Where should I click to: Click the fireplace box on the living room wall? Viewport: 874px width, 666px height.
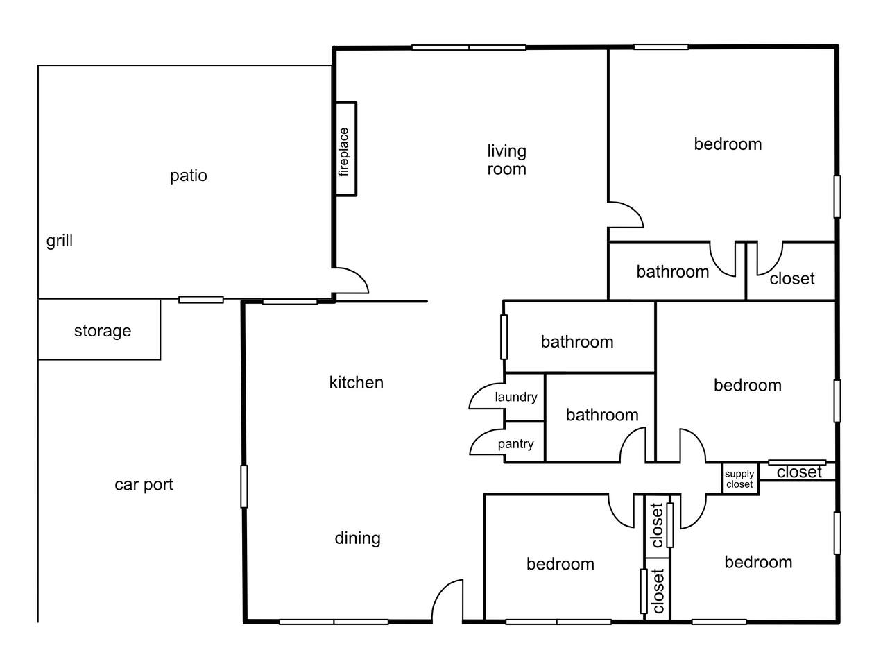tap(345, 149)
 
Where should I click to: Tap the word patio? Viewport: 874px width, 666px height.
tap(189, 176)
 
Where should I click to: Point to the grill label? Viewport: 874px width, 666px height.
tap(60, 241)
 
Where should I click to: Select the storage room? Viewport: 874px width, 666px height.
tap(99, 330)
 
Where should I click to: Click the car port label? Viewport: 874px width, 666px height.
tap(144, 485)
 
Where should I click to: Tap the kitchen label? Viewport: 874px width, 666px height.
tap(357, 382)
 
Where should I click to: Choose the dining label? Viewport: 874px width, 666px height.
tap(357, 538)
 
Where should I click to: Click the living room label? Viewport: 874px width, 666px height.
tap(506, 160)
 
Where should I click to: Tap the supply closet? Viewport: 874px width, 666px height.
tap(740, 479)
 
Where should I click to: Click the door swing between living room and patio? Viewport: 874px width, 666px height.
tap(351, 280)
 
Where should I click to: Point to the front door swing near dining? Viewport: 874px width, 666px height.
tap(447, 600)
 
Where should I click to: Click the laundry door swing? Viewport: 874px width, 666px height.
tap(486, 396)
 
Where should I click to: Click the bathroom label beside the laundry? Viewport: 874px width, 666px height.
tap(602, 415)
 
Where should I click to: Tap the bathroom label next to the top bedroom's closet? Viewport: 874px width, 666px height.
tap(673, 272)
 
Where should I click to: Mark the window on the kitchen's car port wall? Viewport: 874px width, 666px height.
tap(244, 486)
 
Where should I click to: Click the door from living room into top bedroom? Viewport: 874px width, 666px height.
tap(626, 215)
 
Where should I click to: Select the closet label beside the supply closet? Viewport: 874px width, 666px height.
tap(799, 472)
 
